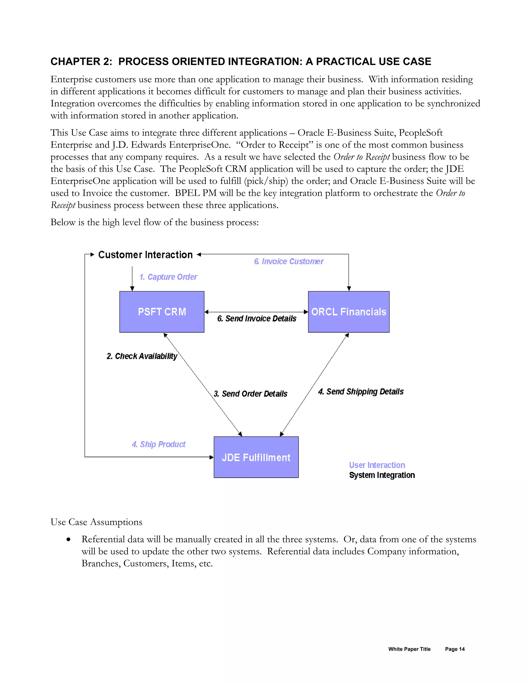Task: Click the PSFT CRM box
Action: click(162, 312)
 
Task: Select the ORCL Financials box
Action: click(349, 312)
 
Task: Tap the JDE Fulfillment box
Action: click(256, 457)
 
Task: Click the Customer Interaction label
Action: click(145, 255)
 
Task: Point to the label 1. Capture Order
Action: click(168, 277)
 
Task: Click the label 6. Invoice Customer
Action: click(289, 261)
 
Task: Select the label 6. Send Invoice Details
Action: click(257, 319)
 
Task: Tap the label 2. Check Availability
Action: click(142, 356)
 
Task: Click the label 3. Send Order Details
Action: click(250, 394)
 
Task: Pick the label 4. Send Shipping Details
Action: click(361, 392)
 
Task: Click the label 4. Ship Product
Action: click(159, 444)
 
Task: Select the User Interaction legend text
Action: click(377, 465)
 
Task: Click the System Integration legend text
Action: click(382, 475)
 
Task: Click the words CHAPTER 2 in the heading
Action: click(81, 62)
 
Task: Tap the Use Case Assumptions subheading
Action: click(96, 522)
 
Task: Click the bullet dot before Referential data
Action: click(68, 539)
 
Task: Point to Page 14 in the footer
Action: click(455, 649)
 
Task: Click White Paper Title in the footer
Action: click(409, 649)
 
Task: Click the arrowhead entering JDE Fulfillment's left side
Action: click(211, 457)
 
